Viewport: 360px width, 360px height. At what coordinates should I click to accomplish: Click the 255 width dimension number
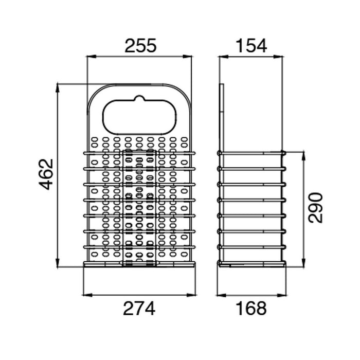(x=140, y=45)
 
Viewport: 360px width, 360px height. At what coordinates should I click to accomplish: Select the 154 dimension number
(x=251, y=45)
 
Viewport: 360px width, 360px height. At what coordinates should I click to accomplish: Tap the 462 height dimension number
(x=46, y=174)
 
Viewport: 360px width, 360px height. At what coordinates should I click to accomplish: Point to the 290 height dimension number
(x=315, y=208)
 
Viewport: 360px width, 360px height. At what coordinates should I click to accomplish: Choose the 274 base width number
(x=139, y=309)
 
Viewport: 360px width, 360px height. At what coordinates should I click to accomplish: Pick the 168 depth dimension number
(x=251, y=309)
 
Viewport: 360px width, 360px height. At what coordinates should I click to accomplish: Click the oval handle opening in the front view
(x=139, y=117)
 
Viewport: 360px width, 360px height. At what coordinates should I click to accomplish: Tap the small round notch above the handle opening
(x=139, y=98)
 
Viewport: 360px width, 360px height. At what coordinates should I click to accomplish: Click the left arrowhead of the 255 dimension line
(x=91, y=57)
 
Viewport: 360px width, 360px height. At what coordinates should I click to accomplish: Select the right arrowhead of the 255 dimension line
(x=187, y=57)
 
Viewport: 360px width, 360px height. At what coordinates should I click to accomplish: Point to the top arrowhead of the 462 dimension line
(x=58, y=88)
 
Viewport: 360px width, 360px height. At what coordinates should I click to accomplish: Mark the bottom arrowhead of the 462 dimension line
(x=58, y=263)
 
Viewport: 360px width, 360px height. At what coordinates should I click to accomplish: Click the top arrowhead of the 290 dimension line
(x=304, y=156)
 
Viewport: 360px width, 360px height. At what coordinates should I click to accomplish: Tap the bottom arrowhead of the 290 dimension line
(x=304, y=263)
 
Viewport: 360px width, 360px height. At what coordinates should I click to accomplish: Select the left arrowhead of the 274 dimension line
(x=87, y=295)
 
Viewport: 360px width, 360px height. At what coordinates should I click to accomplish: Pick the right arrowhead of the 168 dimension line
(x=282, y=295)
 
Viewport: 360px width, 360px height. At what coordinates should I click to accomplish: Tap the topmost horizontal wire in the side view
(x=251, y=153)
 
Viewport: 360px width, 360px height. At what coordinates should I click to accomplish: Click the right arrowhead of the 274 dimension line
(x=191, y=295)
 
